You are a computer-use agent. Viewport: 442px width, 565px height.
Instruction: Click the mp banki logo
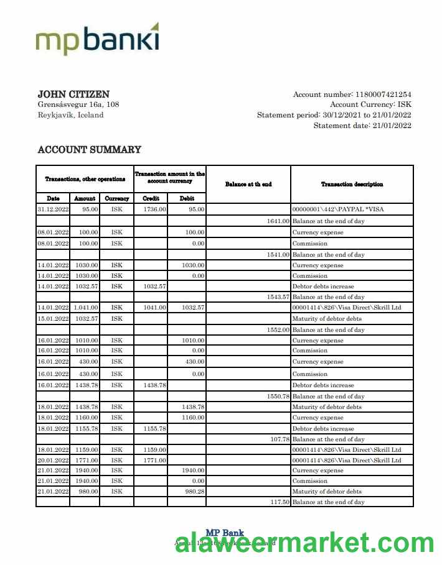97,39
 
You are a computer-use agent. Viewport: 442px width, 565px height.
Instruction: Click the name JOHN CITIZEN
73,94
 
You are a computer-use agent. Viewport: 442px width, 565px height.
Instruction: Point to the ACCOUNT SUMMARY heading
89,150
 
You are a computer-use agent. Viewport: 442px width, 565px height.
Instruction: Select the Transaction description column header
352,184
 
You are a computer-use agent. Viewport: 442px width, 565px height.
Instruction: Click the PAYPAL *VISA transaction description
337,209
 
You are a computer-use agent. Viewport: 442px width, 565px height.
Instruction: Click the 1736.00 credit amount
154,209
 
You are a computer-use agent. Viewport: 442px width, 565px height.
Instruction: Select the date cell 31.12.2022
53,209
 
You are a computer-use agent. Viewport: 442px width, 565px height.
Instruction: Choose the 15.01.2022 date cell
53,319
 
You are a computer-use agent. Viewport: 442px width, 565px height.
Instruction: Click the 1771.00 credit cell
154,460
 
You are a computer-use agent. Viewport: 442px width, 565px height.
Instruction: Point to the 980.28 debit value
192,491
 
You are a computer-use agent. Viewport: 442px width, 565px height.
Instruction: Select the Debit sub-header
187,198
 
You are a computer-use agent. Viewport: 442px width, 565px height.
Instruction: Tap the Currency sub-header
116,198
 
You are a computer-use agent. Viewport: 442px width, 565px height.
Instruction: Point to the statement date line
362,126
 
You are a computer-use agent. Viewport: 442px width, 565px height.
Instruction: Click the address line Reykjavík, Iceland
70,115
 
